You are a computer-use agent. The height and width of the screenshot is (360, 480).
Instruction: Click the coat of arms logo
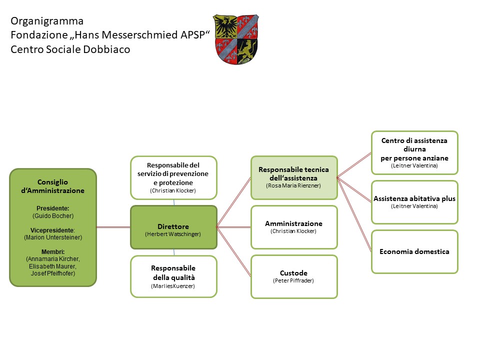236,39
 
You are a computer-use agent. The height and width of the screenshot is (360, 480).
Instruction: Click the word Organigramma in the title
47,21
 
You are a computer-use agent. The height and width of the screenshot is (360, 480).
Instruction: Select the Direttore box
173,227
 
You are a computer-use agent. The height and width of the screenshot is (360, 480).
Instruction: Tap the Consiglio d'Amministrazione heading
53,186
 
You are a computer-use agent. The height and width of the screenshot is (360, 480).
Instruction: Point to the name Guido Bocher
53,215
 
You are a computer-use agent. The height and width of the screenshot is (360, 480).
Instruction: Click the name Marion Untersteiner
53,237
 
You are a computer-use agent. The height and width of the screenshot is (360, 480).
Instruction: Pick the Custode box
294,276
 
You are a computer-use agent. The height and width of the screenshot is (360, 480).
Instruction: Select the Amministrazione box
294,227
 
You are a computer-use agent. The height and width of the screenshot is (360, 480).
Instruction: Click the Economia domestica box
414,251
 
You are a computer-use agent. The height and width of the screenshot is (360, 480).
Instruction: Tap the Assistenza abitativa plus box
414,202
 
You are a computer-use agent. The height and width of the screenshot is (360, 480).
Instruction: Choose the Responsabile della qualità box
173,276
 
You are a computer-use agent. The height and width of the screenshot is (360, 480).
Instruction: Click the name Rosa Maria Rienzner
294,185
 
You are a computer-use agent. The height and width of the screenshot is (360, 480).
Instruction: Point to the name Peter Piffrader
294,281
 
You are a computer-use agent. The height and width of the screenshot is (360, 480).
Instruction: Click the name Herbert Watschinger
173,234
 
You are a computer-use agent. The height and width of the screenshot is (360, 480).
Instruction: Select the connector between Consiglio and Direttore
113,227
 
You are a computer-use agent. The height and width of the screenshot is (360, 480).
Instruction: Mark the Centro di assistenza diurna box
414,152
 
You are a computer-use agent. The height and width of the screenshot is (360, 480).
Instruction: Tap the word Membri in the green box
53,251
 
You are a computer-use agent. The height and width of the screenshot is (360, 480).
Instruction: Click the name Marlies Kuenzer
173,286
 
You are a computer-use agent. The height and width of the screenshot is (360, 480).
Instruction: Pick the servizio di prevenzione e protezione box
173,177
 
